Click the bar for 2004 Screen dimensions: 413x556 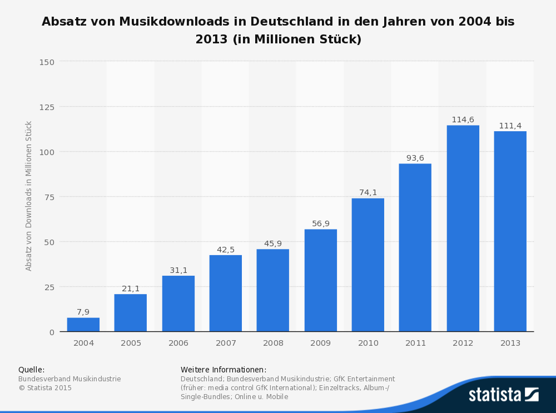pyautogui.click(x=83, y=325)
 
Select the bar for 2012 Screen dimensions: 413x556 pyautogui.click(x=463, y=228)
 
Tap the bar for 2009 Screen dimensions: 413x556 pyautogui.click(x=320, y=281)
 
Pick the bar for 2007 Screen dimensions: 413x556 pyautogui.click(x=226, y=293)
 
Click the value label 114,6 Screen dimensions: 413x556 pyautogui.click(x=463, y=120)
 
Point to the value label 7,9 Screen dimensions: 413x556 pyautogui.click(x=83, y=312)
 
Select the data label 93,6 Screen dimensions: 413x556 pyautogui.click(x=415, y=158)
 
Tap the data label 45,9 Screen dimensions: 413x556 pyautogui.click(x=272, y=243)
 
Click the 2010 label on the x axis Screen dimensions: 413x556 pyautogui.click(x=368, y=343)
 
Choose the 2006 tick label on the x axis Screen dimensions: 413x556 pyautogui.click(x=178, y=343)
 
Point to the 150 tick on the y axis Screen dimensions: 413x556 pyautogui.click(x=47, y=62)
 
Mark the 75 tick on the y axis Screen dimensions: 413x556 pyautogui.click(x=49, y=197)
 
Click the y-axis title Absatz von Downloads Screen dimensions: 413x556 pyautogui.click(x=29, y=196)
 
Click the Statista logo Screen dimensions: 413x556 pyautogui.click(x=503, y=394)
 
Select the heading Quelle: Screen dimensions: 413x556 pyautogui.click(x=31, y=370)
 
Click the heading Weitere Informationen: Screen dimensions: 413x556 pyautogui.click(x=224, y=370)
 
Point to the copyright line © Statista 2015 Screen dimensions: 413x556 pyautogui.click(x=45, y=388)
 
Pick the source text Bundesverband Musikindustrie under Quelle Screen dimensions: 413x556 pyautogui.click(x=69, y=379)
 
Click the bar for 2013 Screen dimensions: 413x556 pyautogui.click(x=510, y=231)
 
